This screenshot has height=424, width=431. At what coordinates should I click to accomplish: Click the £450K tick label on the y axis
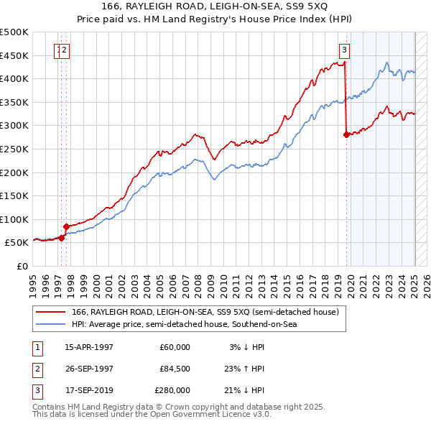tap(14, 55)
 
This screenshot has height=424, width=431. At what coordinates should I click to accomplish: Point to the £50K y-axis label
tap(17, 243)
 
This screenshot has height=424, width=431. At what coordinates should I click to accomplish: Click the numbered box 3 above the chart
tap(345, 50)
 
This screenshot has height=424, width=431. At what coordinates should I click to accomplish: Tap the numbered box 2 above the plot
tap(65, 50)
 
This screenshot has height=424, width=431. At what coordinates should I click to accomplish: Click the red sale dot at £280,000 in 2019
tap(347, 134)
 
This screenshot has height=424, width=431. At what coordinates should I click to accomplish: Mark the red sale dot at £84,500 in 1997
tap(66, 226)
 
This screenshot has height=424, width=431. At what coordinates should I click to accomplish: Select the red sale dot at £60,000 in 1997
tap(61, 238)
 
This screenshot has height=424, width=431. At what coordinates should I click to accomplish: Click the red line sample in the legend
tap(50, 311)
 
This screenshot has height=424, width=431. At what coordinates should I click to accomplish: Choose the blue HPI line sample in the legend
tap(50, 324)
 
